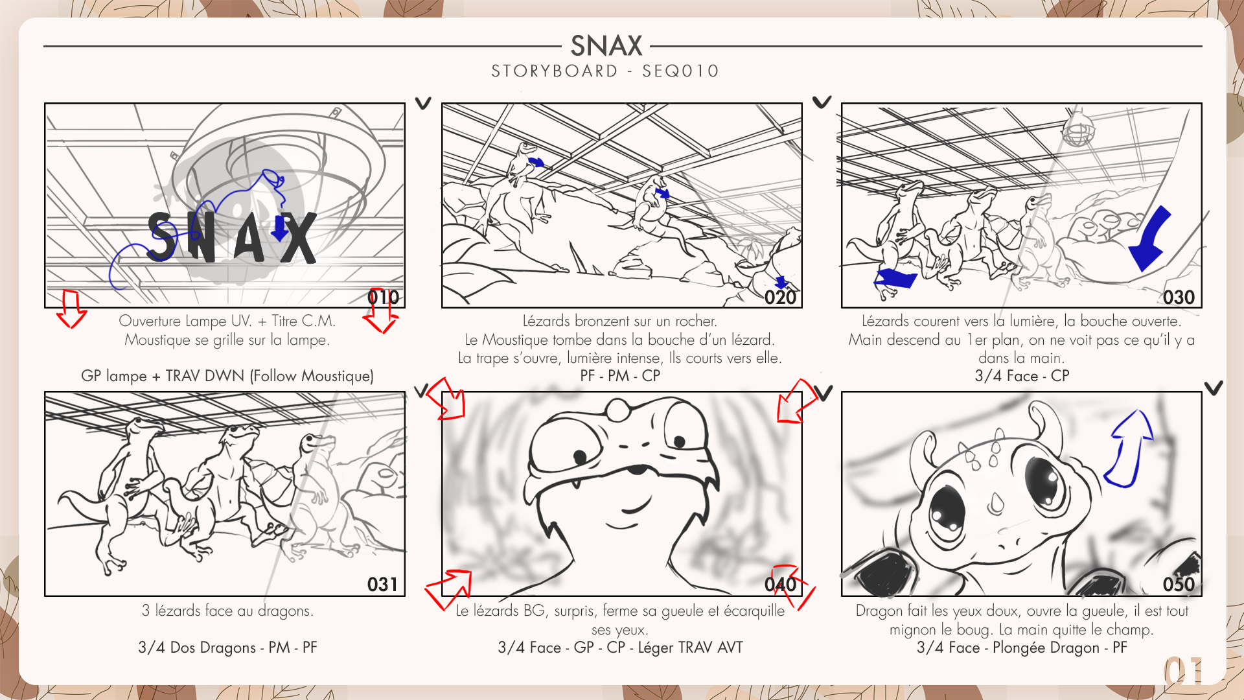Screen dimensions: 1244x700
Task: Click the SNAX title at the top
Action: click(x=606, y=46)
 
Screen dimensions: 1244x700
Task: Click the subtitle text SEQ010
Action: click(x=680, y=71)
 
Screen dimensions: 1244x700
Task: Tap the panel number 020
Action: click(x=780, y=297)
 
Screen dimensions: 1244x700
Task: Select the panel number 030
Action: click(x=1179, y=297)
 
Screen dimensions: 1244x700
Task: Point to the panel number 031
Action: click(x=382, y=585)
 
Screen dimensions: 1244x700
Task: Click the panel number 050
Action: click(x=1179, y=585)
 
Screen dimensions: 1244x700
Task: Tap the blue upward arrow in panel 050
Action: click(x=1129, y=449)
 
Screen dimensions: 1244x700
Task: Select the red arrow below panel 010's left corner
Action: click(x=71, y=309)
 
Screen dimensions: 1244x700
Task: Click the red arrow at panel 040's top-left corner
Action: click(x=447, y=399)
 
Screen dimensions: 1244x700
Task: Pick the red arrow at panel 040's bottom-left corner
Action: click(x=448, y=589)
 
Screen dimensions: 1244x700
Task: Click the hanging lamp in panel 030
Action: click(x=1077, y=128)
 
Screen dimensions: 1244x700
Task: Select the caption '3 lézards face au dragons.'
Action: click(x=227, y=611)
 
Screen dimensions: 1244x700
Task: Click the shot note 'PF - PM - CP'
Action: click(x=620, y=376)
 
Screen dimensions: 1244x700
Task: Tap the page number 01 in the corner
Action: click(x=1184, y=671)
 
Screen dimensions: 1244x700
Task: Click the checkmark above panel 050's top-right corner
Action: click(x=1214, y=388)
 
